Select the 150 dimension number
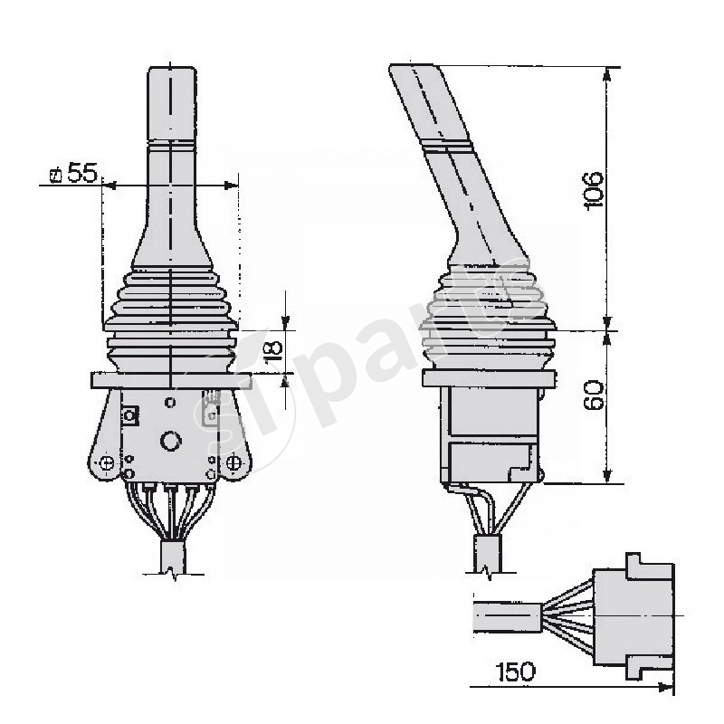pyautogui.click(x=515, y=672)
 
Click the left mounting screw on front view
pyautogui.click(x=108, y=463)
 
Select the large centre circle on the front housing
pyautogui.click(x=169, y=442)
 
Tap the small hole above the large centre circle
pyautogui.click(x=170, y=399)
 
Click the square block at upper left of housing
pyautogui.click(x=129, y=415)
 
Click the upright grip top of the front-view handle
pyautogui.click(x=170, y=100)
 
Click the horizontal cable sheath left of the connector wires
pyautogui.click(x=507, y=617)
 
